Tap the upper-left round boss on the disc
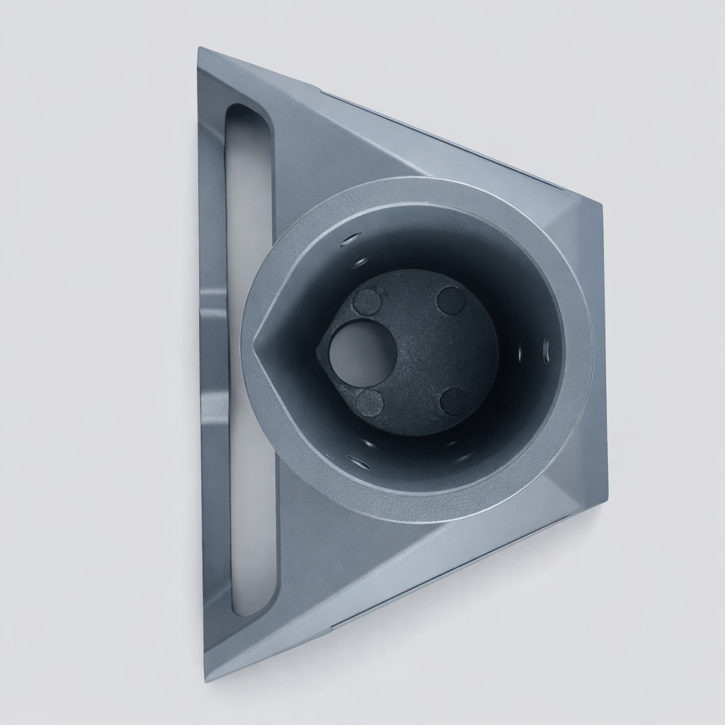click(x=367, y=302)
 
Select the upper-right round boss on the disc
click(x=451, y=300)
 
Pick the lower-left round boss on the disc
click(x=369, y=403)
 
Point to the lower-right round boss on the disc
click(x=453, y=401)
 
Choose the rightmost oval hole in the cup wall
click(x=546, y=348)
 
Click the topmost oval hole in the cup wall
click(x=350, y=239)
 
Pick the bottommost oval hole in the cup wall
click(x=359, y=463)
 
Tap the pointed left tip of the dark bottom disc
click(x=318, y=346)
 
